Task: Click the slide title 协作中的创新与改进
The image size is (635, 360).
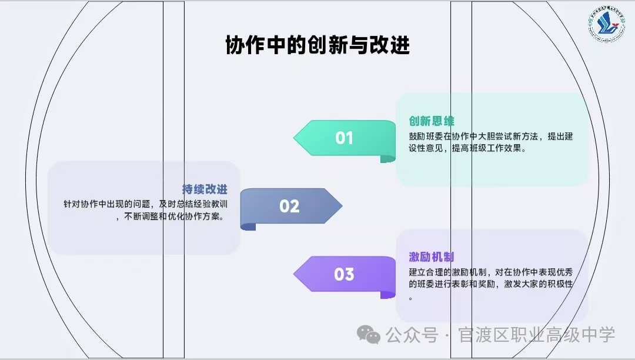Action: (x=317, y=45)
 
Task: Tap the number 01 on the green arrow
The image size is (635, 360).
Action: (x=344, y=138)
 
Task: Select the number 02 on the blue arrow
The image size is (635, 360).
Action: (x=289, y=206)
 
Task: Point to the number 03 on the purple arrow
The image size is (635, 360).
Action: (x=344, y=274)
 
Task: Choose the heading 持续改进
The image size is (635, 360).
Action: (x=205, y=189)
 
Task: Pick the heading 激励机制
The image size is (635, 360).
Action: (x=432, y=257)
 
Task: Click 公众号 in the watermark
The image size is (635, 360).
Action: (x=412, y=336)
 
